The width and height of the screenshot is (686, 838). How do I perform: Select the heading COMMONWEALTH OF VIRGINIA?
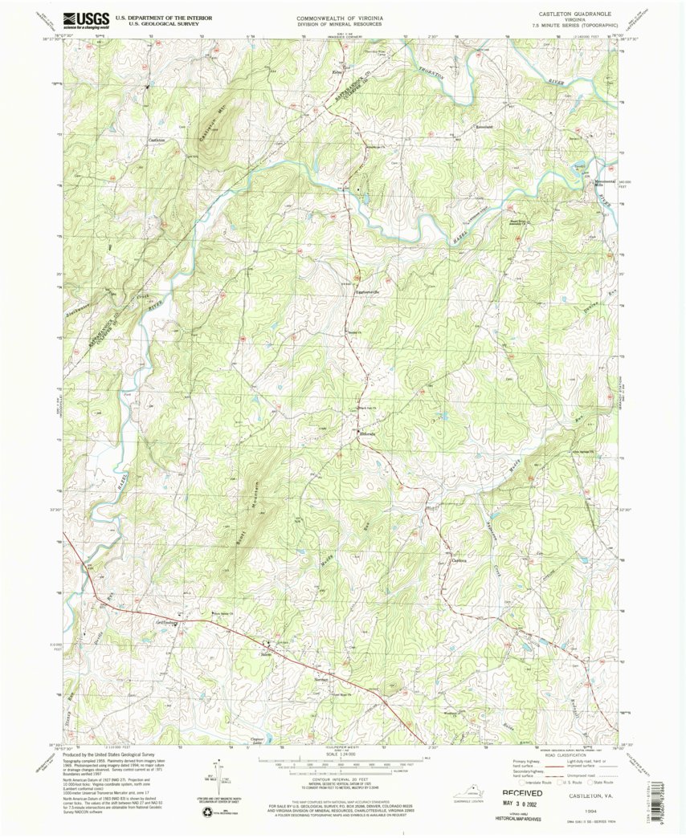339,17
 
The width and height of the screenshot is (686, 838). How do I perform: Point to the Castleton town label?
157,140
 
